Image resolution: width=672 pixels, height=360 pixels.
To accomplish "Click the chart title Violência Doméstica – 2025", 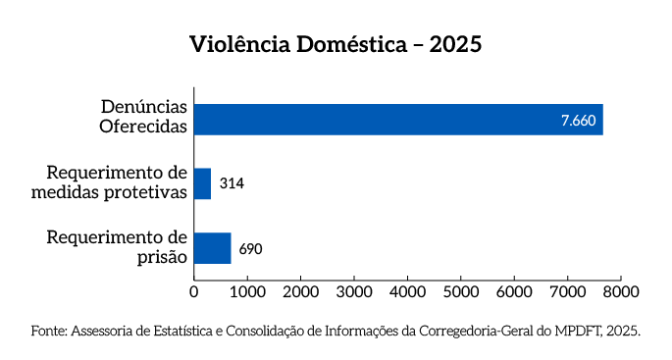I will point(336,46).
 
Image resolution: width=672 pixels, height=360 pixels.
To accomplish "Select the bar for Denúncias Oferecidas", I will point(397,119).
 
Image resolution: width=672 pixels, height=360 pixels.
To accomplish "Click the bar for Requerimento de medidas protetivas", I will point(202,183).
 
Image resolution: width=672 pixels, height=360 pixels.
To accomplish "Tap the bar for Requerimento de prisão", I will point(212,248).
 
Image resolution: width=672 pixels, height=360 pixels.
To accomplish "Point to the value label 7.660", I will point(578,120).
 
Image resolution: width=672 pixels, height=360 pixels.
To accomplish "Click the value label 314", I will point(232,183).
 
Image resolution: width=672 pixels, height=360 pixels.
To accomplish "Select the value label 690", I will point(250,248).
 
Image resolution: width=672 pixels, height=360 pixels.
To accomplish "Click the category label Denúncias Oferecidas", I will point(143,118).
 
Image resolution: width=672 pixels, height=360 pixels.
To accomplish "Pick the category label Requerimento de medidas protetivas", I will point(109,182).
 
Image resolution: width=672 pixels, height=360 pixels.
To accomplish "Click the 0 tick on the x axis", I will point(193,291).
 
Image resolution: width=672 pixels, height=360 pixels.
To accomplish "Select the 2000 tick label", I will point(300,291).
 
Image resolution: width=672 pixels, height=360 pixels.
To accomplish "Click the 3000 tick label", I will point(353,291).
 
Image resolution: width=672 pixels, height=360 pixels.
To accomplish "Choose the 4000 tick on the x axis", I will point(407,291).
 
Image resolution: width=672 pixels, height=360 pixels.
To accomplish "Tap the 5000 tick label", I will point(460,291).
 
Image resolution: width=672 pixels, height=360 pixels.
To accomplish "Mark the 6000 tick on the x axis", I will point(514,291).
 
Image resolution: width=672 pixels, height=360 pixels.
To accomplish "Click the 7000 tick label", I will point(567,291).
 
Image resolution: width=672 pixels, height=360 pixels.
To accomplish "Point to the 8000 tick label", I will point(620,291).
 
